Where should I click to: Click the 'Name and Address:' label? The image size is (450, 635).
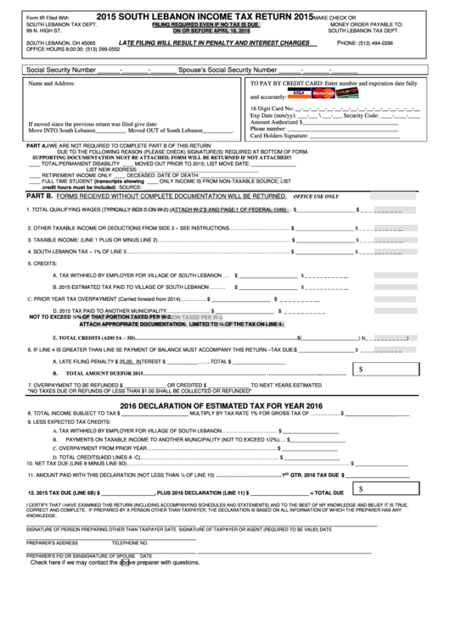point(52,85)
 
